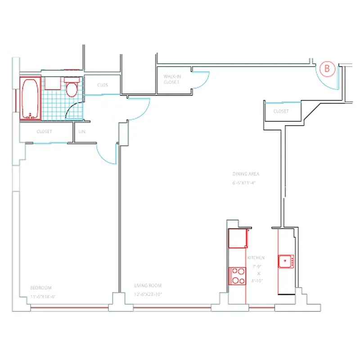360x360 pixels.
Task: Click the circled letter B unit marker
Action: [x=327, y=69]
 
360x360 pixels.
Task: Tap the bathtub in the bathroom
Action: [x=30, y=99]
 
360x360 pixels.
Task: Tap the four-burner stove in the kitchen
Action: [x=237, y=276]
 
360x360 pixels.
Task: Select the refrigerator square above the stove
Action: [x=238, y=238]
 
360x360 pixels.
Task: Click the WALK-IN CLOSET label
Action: [x=171, y=80]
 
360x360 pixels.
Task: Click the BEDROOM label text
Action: [x=41, y=288]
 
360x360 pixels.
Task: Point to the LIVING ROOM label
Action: [x=148, y=286]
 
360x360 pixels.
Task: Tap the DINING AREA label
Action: [x=246, y=174]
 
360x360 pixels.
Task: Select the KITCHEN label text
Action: [x=256, y=258]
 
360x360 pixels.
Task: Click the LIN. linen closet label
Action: [x=82, y=132]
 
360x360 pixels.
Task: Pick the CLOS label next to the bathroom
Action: [x=102, y=85]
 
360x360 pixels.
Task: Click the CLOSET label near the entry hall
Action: [x=281, y=111]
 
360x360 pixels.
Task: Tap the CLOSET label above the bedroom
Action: [x=44, y=132]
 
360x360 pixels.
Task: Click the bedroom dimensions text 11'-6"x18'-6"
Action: [x=42, y=297]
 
